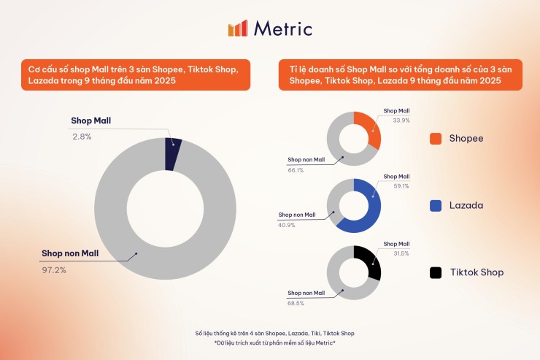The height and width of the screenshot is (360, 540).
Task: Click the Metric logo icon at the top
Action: coord(238,28)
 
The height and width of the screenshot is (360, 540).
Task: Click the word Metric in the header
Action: coord(283,28)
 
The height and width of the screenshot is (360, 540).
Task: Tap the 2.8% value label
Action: coord(81,137)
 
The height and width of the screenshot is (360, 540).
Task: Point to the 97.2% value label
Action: coord(55,269)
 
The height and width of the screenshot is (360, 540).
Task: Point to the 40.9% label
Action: coord(288,225)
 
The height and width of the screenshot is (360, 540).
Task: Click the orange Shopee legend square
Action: coord(436,138)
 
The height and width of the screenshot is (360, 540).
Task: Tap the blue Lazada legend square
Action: coord(436,205)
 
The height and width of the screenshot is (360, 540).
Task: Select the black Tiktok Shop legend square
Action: coord(436,272)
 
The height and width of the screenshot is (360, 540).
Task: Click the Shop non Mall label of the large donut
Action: coord(80,254)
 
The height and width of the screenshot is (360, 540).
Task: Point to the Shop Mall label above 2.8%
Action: coord(91,120)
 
